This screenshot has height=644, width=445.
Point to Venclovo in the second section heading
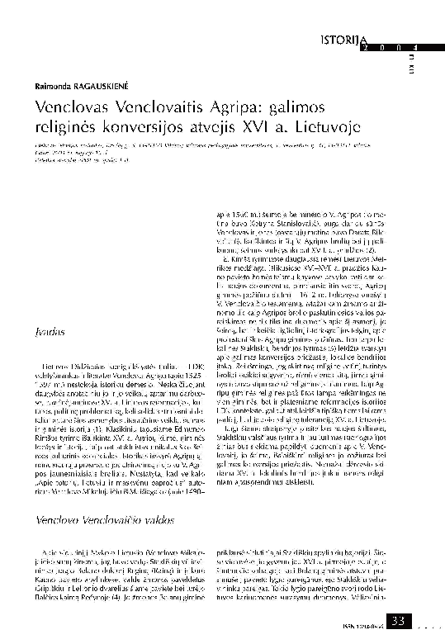(x=60, y=522)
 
